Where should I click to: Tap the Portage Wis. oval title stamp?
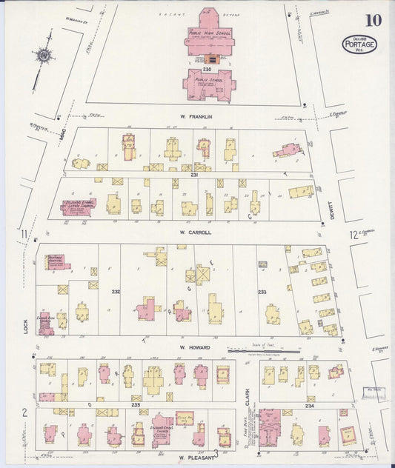[359, 44]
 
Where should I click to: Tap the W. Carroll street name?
[196, 232]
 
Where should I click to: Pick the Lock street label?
[26, 325]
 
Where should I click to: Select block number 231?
[195, 175]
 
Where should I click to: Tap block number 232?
[116, 292]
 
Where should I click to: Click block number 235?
[136, 406]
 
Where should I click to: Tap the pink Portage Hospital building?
[56, 262]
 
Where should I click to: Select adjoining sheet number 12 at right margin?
[354, 235]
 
